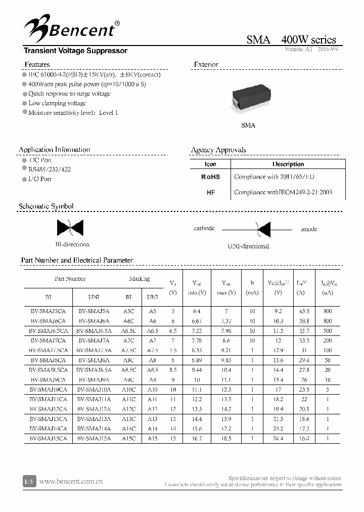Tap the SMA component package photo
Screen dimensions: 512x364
pos(248,99)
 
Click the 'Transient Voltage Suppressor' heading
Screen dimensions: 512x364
pos(75,51)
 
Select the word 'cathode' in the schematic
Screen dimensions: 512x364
pos(204,229)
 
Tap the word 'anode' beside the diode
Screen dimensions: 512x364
pos(309,229)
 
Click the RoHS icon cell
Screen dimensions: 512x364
pos(210,177)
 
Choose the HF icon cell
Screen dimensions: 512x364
pos(210,192)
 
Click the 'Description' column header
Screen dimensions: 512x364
pos(288,164)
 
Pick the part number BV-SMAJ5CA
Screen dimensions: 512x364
pos(48,312)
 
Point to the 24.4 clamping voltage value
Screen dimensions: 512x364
pos(278,439)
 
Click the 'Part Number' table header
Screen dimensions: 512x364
pos(70,279)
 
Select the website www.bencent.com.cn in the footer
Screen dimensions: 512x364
pos(71,481)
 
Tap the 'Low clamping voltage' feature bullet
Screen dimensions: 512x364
pos(57,103)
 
